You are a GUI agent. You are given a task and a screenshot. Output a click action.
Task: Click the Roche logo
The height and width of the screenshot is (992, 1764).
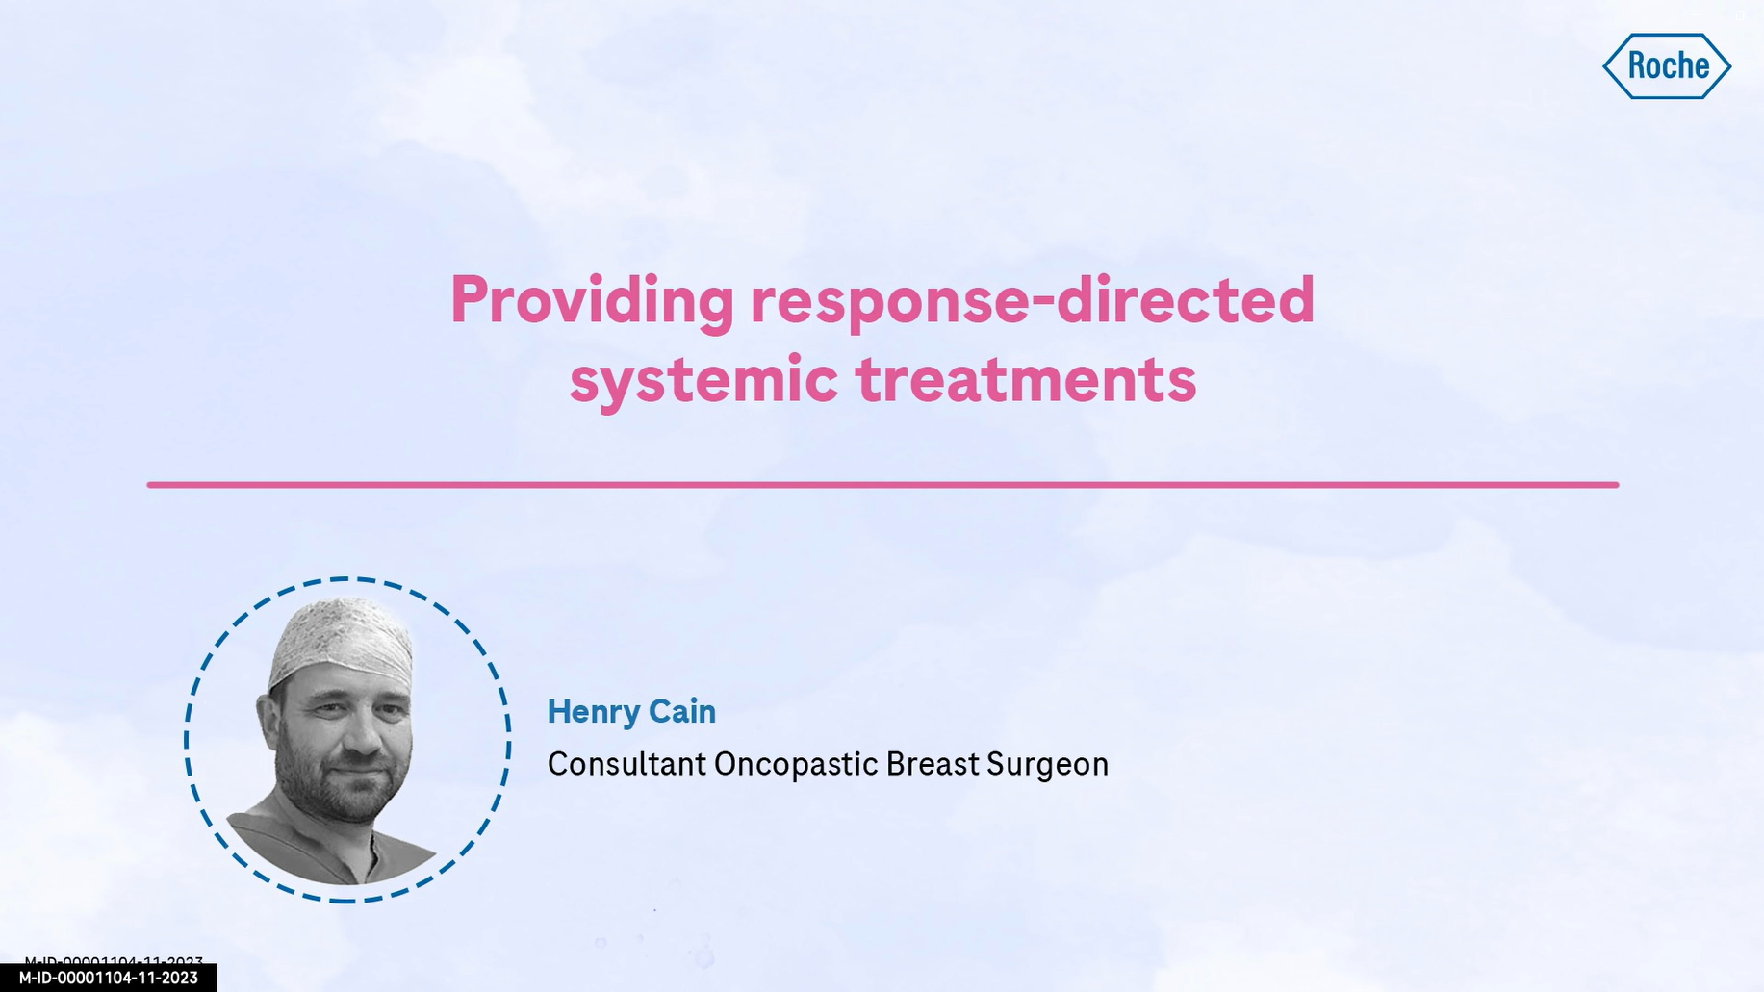(1667, 66)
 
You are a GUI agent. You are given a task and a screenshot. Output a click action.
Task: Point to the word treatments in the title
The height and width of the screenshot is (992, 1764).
(1026, 379)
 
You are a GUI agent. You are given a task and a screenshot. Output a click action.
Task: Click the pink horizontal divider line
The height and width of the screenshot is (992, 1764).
(882, 485)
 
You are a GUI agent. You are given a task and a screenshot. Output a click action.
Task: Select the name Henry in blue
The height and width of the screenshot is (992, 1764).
(592, 713)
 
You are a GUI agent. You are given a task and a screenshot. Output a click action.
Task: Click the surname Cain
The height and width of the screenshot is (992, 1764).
(682, 711)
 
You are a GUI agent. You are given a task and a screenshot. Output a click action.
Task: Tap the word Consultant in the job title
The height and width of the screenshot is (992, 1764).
(626, 764)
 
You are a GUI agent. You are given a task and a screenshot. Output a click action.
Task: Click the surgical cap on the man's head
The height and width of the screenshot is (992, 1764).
(342, 639)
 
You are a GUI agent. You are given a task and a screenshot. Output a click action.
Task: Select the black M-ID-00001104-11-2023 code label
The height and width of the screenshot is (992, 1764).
(108, 978)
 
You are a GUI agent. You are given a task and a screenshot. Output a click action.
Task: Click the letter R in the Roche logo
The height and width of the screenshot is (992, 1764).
(1636, 66)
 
